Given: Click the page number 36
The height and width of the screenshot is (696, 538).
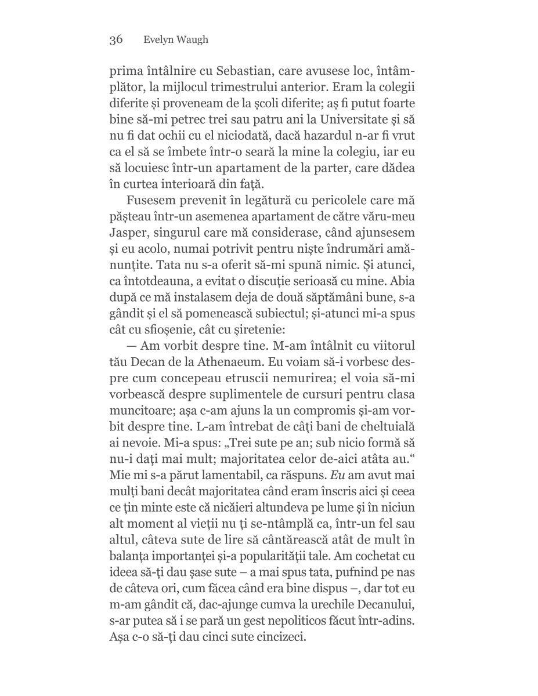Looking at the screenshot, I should (115, 40).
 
